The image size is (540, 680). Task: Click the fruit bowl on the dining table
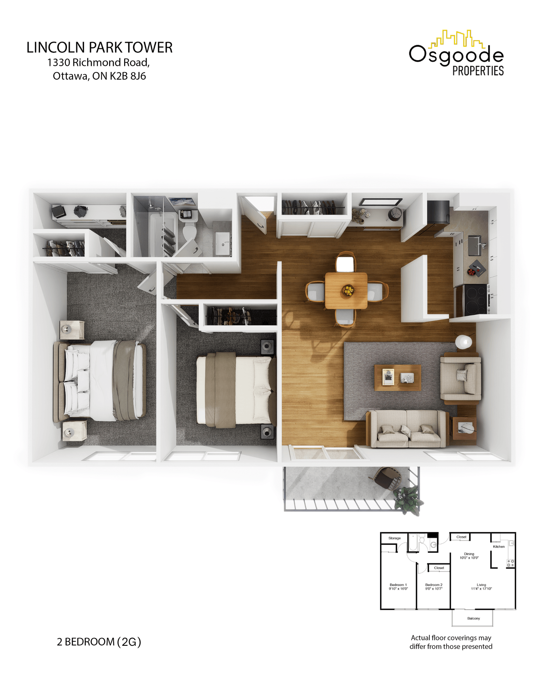coord(347,290)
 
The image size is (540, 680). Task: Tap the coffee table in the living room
coord(398,378)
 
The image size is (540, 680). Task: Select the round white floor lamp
coord(463,342)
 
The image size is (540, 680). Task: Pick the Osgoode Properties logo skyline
coord(456,39)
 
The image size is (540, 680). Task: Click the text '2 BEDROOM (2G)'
coord(99,642)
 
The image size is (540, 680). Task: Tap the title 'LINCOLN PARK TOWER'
coord(99,47)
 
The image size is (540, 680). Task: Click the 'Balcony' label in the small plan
coord(473,618)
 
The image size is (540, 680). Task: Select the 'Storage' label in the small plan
coord(394,538)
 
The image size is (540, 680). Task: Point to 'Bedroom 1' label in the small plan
coord(398,585)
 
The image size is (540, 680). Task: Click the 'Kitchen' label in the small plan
coord(499,547)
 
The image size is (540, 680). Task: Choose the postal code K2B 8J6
coord(128,76)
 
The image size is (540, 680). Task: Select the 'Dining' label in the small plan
coord(469,554)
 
